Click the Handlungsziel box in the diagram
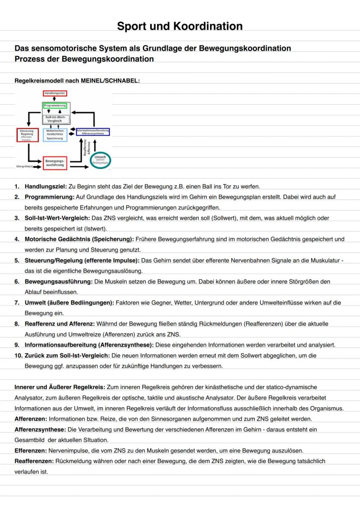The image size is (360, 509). tap(55, 93)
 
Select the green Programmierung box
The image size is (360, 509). tap(55, 106)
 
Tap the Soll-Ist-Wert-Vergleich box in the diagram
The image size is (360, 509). tap(55, 119)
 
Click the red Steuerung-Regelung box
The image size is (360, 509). tap(28, 135)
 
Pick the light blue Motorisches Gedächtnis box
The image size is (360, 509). tap(55, 135)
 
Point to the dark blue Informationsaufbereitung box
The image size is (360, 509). tap(93, 132)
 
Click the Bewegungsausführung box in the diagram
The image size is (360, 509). tap(55, 163)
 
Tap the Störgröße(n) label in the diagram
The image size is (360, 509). tap(24, 166)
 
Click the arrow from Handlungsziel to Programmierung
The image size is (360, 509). tap(55, 100)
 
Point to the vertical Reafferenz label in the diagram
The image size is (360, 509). tap(85, 148)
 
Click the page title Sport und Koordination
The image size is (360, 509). tap(180, 26)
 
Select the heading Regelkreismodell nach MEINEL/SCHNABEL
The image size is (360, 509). tap(77, 81)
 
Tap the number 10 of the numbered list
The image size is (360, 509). tap(18, 356)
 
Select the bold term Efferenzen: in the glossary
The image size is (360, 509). tap(30, 450)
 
